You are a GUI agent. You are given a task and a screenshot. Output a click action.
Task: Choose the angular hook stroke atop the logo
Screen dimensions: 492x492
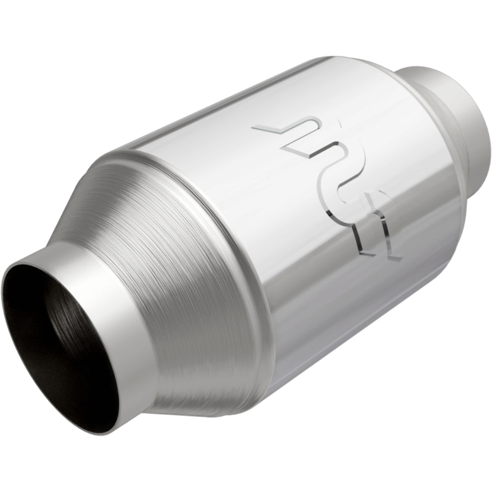tap(280, 130)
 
